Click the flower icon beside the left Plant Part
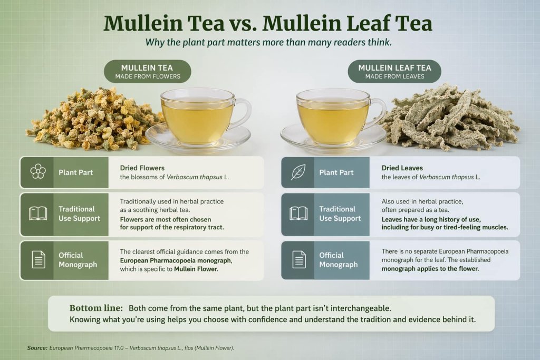[x=37, y=172]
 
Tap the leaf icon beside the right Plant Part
[x=298, y=172]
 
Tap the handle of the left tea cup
[x=243, y=113]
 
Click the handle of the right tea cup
[x=378, y=113]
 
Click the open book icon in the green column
[x=37, y=213]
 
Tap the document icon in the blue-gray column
[x=298, y=259]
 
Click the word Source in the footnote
[x=36, y=348]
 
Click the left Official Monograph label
[x=78, y=260]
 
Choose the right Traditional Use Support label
[x=340, y=213]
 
